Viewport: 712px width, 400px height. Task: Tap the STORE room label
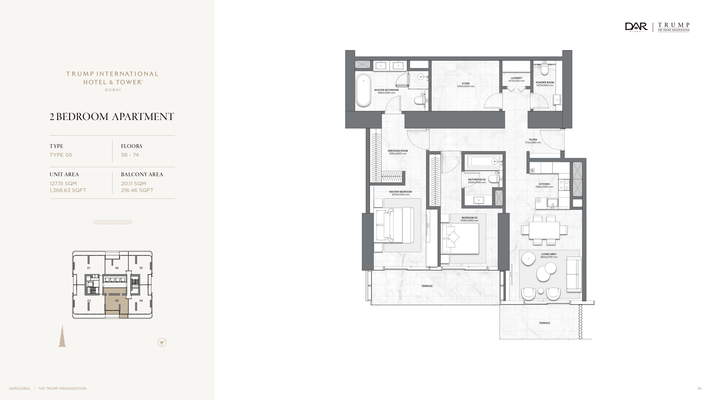(x=466, y=83)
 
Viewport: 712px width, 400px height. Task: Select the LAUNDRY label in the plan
(x=516, y=78)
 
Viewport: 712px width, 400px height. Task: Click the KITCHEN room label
(x=544, y=184)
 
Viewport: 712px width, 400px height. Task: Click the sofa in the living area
(x=574, y=274)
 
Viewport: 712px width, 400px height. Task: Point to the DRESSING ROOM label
(x=398, y=151)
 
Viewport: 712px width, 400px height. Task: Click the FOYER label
(x=533, y=140)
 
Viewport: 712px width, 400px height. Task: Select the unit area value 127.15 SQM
(x=63, y=183)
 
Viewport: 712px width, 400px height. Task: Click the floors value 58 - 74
(x=130, y=155)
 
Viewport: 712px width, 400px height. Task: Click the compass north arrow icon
(x=162, y=343)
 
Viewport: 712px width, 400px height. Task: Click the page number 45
(x=699, y=388)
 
